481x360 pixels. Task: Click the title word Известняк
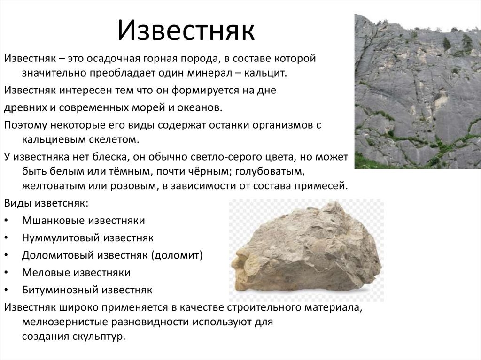pos(186,30)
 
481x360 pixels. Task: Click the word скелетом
pos(114,139)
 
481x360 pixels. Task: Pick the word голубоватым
pos(270,171)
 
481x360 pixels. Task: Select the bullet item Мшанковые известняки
pos(84,221)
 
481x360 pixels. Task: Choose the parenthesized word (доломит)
pos(177,255)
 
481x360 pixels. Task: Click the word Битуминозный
pos(60,290)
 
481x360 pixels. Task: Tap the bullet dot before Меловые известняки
pos(7,273)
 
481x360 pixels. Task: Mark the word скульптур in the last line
pos(99,337)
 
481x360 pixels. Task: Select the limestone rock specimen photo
pos(306,250)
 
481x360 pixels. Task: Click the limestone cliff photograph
pos(418,91)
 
